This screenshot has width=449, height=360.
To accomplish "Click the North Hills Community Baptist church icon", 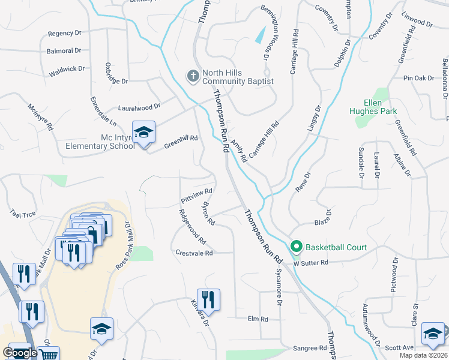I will click(x=193, y=76).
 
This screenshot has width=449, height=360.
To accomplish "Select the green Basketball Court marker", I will click(x=296, y=247).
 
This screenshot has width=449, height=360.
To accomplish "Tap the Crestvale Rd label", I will click(x=194, y=253).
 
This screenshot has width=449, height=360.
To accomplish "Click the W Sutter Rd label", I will click(x=311, y=263).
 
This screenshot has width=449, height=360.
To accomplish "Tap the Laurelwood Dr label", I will click(x=139, y=107).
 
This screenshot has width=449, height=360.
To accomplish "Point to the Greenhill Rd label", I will click(x=181, y=142).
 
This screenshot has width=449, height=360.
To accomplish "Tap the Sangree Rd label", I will click(x=309, y=348).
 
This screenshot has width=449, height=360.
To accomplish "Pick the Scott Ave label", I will click(x=399, y=347).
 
